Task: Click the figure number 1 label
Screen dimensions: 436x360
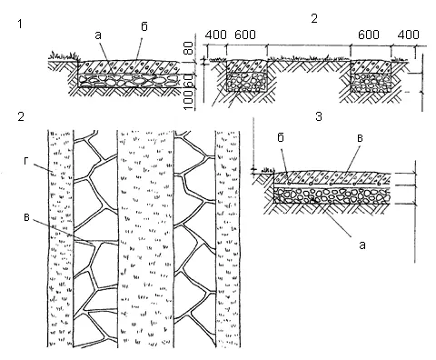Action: [x=20, y=24]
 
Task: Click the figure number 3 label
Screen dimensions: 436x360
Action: [x=319, y=116]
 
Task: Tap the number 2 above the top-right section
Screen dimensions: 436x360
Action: [x=314, y=19]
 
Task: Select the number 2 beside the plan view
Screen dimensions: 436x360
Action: [x=21, y=116]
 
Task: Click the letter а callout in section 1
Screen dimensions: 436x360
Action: [x=98, y=35]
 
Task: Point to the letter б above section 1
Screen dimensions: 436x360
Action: [x=144, y=26]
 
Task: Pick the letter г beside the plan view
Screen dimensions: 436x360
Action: [x=26, y=162]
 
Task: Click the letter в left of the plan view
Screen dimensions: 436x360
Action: [x=26, y=217]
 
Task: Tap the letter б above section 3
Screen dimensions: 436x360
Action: [x=281, y=138]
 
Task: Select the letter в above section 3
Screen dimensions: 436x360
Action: [x=360, y=138]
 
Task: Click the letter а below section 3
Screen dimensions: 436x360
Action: [x=362, y=245]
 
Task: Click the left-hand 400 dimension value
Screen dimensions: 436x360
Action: [x=215, y=35]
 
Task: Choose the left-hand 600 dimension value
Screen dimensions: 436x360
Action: [x=245, y=35]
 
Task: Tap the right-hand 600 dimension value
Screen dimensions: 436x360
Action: [x=368, y=35]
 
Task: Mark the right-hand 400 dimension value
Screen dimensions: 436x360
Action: [x=409, y=35]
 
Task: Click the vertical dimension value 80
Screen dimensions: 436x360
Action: [x=188, y=48]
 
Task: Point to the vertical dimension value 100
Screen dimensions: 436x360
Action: [x=188, y=100]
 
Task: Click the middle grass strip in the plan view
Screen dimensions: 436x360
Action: [x=145, y=239]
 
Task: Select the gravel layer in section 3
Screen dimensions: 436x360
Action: [x=332, y=196]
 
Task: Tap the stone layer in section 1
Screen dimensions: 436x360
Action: [x=129, y=81]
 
